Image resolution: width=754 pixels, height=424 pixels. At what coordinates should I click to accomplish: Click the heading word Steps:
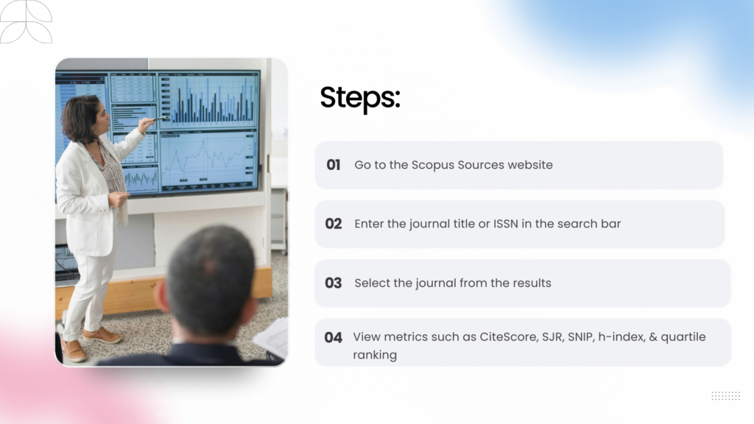[x=359, y=99]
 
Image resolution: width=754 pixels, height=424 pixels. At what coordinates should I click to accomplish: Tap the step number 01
[x=334, y=165]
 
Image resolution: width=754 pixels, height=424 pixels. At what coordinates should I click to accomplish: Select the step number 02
[x=334, y=224]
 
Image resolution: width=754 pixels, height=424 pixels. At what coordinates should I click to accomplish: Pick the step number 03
[x=334, y=283]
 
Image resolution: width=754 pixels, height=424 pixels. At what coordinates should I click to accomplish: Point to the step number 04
[x=334, y=337]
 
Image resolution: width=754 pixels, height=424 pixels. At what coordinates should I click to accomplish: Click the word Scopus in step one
[x=432, y=165]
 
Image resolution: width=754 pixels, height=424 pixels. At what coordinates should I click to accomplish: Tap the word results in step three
[x=530, y=283]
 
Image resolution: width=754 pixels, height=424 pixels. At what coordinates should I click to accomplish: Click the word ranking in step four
[x=375, y=355]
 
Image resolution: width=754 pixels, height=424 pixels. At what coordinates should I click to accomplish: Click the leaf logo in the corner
[x=26, y=21]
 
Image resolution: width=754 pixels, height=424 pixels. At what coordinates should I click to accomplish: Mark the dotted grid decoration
[x=725, y=396]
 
